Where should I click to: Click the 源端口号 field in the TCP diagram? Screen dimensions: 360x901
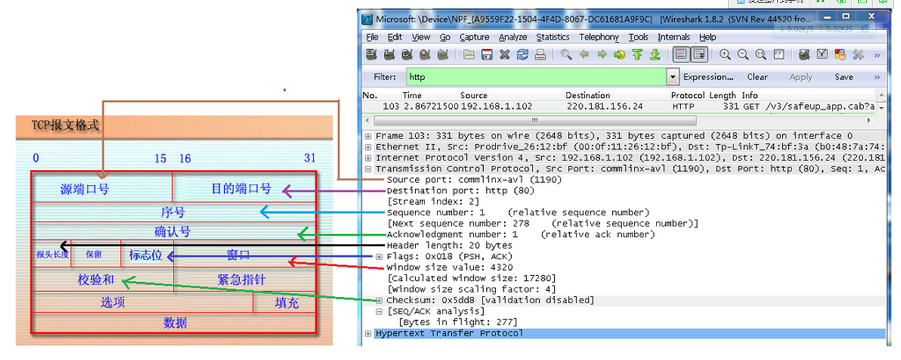[85, 190]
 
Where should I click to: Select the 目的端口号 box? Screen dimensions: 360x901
[241, 189]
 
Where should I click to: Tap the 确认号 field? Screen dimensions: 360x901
[172, 232]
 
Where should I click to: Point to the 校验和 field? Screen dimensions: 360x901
[96, 280]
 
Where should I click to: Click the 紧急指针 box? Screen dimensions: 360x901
[241, 280]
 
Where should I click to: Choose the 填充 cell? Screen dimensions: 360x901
[286, 303]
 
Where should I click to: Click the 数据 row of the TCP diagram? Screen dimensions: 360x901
[175, 323]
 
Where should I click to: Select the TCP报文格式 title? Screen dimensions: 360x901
[65, 125]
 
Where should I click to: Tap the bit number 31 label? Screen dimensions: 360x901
[310, 158]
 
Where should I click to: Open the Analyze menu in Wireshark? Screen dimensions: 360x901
[512, 37]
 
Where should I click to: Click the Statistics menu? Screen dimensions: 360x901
[552, 37]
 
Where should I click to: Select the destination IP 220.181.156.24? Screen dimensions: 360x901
[604, 106]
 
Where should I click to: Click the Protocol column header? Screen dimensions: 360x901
[688, 95]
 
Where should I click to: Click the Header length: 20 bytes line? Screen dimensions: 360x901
[449, 245]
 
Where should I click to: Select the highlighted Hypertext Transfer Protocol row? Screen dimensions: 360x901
[449, 333]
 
